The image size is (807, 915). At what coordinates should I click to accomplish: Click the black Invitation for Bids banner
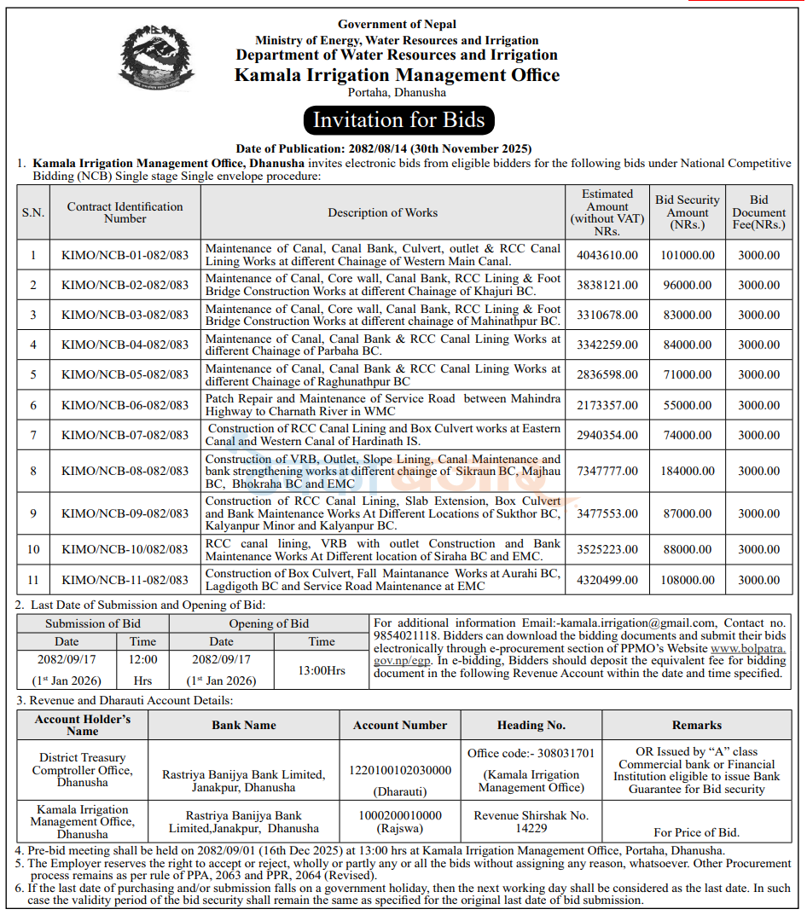[398, 120]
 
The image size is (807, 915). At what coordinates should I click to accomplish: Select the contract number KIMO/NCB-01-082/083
[125, 255]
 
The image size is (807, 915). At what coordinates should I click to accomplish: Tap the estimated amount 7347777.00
[607, 471]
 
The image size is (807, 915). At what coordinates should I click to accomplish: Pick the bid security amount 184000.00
[688, 471]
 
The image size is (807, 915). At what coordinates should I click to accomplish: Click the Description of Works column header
[382, 212]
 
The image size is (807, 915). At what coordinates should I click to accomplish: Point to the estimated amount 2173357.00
[607, 405]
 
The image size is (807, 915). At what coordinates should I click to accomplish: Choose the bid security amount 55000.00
[688, 405]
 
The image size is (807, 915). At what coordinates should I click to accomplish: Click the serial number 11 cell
[33, 580]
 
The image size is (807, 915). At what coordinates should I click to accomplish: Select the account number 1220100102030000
[400, 770]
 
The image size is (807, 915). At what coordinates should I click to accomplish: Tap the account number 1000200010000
[400, 815]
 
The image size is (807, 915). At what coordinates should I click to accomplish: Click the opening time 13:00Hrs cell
[322, 670]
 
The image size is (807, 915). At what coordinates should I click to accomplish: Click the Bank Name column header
[244, 725]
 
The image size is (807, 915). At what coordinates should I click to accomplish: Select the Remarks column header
[696, 725]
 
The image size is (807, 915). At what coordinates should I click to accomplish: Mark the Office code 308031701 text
[531, 753]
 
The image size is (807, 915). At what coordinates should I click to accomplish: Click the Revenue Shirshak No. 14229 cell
[531, 821]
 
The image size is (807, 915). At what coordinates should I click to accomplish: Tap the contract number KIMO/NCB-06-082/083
[125, 405]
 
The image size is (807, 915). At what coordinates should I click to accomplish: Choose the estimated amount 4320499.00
[607, 580]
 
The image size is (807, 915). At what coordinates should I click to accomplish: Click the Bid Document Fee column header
[758, 212]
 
